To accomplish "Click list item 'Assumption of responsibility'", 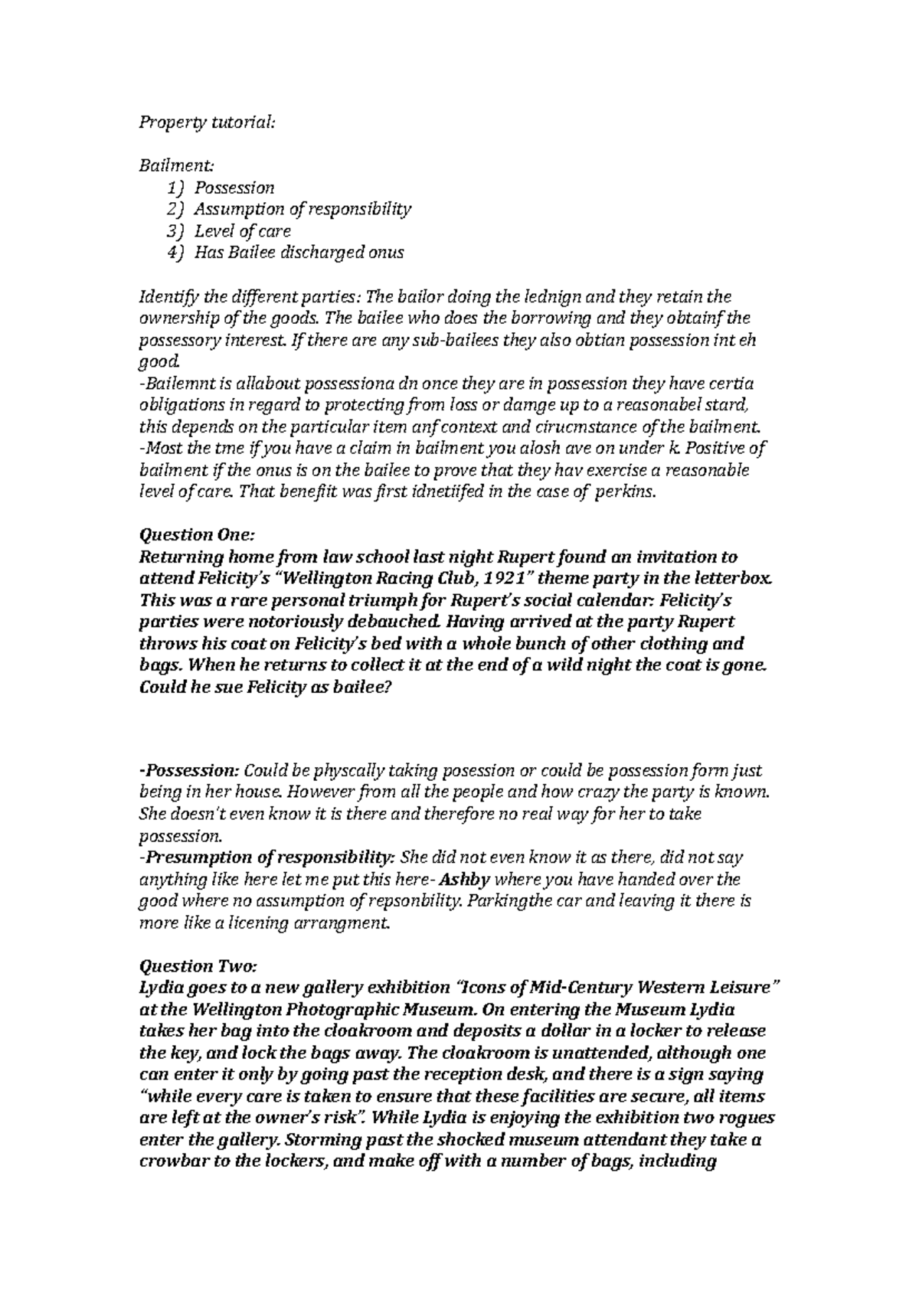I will coord(303,208).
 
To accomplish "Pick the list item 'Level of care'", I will coord(242,230).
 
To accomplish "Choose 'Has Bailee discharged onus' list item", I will coord(298,252).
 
